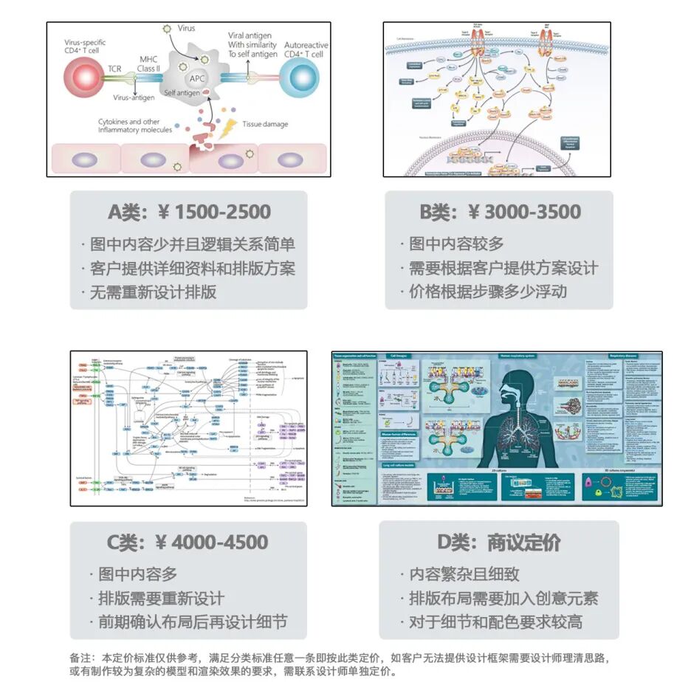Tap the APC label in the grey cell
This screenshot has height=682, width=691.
click(x=198, y=78)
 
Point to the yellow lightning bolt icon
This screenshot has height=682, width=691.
click(x=230, y=126)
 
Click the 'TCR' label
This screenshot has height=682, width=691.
click(x=114, y=69)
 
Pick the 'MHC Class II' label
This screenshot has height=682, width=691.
click(x=148, y=63)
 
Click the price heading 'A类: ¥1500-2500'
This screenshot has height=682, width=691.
click(x=189, y=212)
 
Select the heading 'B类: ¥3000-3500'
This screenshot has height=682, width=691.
click(x=500, y=212)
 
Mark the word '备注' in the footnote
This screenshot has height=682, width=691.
click(x=80, y=657)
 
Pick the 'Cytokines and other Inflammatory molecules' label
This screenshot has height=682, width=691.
click(x=135, y=125)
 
